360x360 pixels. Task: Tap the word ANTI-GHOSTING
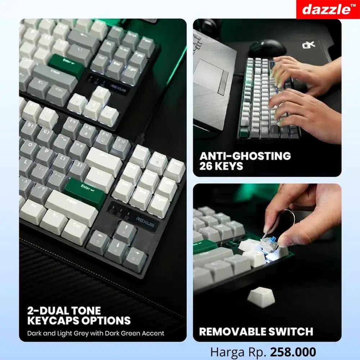point(245,156)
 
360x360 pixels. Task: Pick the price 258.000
point(293,351)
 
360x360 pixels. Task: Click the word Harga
point(225,351)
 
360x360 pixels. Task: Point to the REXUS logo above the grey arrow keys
point(145,218)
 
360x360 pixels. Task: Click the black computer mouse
point(267,48)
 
